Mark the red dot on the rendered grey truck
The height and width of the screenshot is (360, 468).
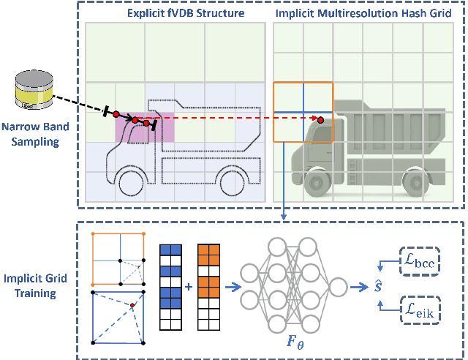[321, 119]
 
